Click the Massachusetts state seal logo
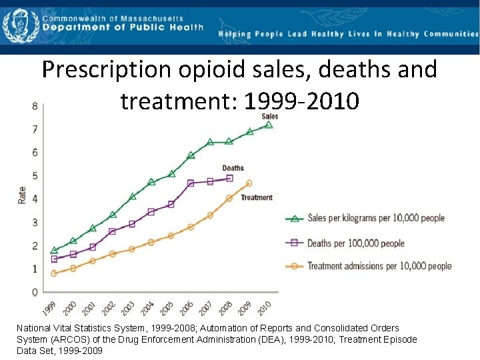coord(18,25)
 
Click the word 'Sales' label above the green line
coord(270,116)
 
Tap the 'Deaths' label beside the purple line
coord(233,168)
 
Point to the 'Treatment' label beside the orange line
coord(257,197)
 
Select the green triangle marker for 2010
coord(269,125)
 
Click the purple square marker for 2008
coord(230,178)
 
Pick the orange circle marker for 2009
coord(249,183)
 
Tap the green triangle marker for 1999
coord(53,250)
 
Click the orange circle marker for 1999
coord(53,273)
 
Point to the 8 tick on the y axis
coord(34,106)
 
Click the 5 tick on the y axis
coord(34,176)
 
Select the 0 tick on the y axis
coord(34,292)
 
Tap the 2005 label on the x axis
coord(166,309)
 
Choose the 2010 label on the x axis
coord(264,309)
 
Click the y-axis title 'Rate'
coord(21,194)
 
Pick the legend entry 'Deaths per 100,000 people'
coord(355,243)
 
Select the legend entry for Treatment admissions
coord(379,266)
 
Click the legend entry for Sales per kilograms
coord(375,218)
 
